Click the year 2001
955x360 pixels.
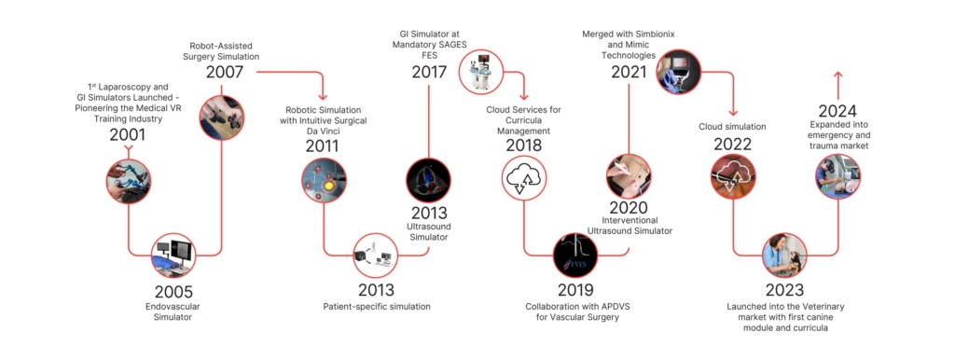pos(128,134)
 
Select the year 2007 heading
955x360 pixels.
pos(225,72)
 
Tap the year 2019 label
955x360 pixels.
pos(575,290)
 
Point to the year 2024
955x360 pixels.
pos(837,112)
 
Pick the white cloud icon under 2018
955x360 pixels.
pos(524,177)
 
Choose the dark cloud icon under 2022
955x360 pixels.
pos(733,176)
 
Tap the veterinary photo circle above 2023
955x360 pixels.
pos(785,256)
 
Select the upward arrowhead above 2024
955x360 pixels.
pos(837,76)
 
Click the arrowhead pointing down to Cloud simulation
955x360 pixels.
pos(733,113)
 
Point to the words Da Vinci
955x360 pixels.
pos(322,130)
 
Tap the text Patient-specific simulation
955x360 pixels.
pos(377,307)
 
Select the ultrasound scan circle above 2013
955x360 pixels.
pos(428,181)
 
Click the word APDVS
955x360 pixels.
pos(602,307)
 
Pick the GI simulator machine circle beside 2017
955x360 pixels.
pos(481,72)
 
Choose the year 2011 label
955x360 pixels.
pos(322,146)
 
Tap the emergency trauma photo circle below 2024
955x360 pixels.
pos(837,176)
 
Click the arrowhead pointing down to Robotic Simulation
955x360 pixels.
pos(323,96)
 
